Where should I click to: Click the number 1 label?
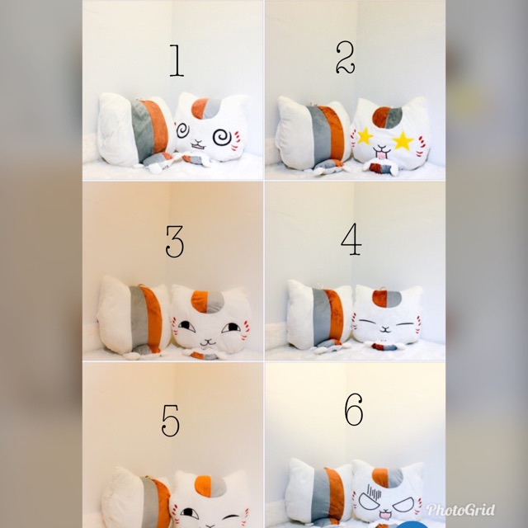(x=176, y=60)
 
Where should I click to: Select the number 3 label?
(x=174, y=240)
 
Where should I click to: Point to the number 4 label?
(x=352, y=238)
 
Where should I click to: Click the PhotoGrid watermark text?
(x=460, y=509)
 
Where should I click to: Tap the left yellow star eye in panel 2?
(x=366, y=137)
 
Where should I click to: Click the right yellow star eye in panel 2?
(x=403, y=140)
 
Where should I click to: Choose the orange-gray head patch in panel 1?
(x=206, y=108)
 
